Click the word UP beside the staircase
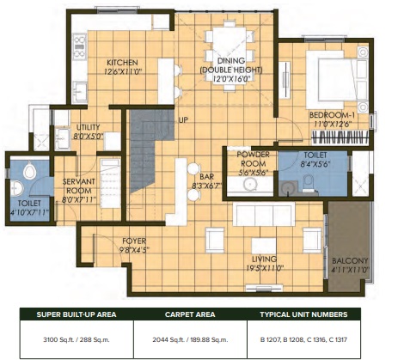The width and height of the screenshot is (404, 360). pos(183,120)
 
